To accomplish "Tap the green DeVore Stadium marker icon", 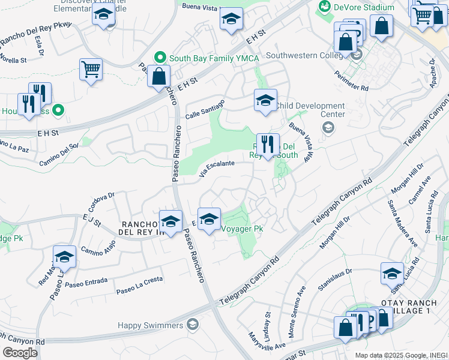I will pos(325,7).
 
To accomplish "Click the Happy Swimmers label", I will pos(150,325).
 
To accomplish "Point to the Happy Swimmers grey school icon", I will pos(192,325).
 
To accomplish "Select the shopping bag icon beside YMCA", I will pos(158,77).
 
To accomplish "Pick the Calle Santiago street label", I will pos(205,109).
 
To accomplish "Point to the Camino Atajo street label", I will pos(97,247).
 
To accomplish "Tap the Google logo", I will pos(20,353).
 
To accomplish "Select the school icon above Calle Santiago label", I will pos(265,100).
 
